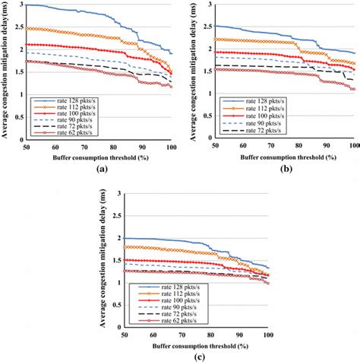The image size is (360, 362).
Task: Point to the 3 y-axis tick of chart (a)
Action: (x=21, y=5)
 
